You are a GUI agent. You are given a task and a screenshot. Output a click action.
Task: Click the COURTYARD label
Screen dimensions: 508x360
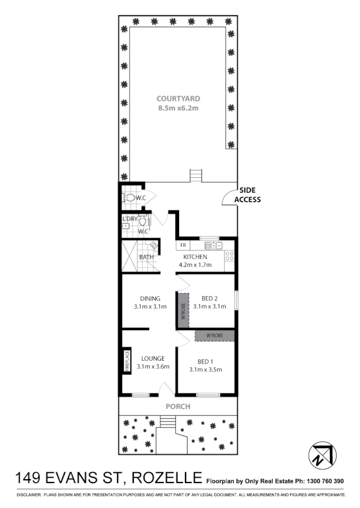(179, 98)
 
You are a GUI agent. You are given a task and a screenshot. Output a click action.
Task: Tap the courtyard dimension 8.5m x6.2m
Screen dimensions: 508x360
(179, 107)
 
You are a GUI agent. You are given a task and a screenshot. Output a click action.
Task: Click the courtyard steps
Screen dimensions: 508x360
(196, 175)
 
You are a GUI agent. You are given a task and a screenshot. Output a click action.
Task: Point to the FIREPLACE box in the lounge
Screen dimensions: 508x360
(127, 361)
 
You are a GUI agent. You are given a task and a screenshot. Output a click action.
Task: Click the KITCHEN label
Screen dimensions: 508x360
(195, 257)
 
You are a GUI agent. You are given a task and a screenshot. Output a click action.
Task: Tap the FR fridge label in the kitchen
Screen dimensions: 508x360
(183, 245)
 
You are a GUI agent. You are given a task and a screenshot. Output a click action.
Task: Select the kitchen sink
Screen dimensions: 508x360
(213, 245)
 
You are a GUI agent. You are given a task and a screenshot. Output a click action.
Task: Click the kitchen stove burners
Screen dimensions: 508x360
(230, 257)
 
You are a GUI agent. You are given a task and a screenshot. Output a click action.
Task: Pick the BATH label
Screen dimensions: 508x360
(146, 257)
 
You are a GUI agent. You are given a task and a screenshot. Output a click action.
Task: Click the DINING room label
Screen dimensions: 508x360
(150, 298)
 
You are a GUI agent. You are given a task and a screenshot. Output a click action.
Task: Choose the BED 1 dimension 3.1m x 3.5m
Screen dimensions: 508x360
(205, 370)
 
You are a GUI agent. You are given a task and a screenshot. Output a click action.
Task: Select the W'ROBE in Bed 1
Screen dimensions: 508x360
(214, 335)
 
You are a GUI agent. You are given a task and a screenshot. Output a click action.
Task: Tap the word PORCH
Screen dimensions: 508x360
(178, 407)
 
